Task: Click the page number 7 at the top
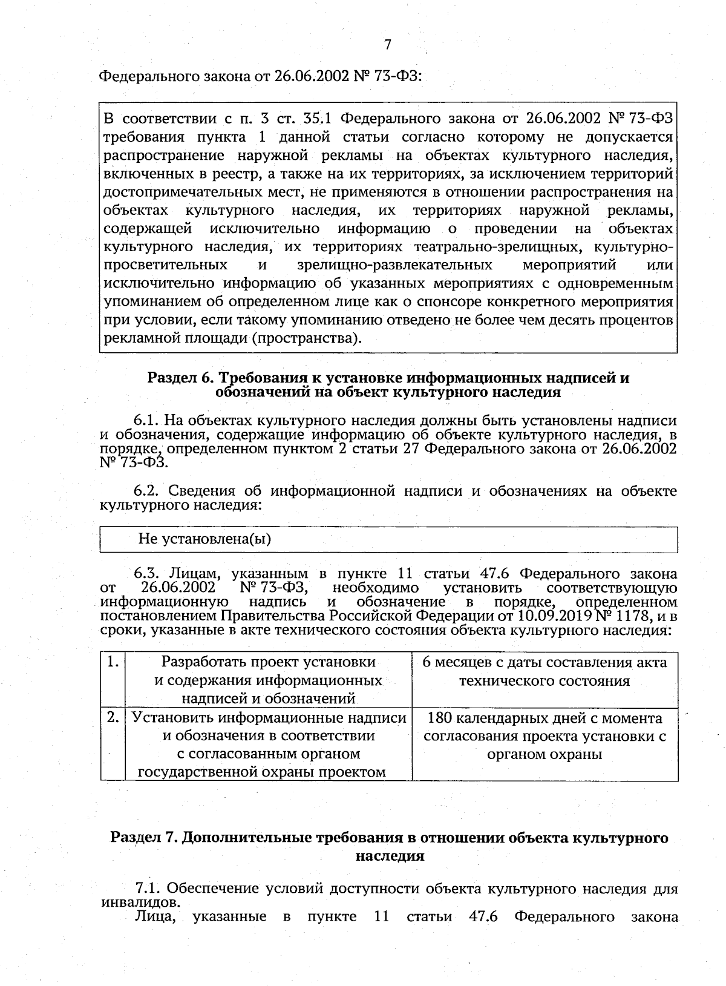388,44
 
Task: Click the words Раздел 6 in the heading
180,378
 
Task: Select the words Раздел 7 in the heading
143,838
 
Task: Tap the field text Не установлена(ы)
204,539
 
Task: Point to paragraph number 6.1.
145,421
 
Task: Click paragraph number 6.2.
146,490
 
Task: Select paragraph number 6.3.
146,573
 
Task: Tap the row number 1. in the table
112,662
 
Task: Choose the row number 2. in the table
112,718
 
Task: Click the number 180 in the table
439,718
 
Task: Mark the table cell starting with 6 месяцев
544,671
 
